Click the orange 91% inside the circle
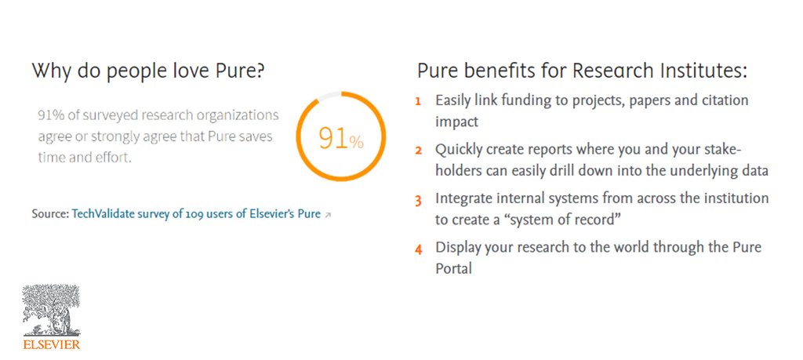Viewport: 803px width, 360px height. click(340, 139)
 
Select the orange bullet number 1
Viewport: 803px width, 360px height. click(418, 101)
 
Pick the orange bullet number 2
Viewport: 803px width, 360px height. click(418, 150)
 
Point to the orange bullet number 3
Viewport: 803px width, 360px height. click(418, 199)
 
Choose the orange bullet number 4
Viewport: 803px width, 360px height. click(418, 249)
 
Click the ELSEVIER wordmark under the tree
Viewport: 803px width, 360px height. click(52, 344)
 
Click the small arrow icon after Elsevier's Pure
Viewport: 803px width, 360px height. click(328, 214)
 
